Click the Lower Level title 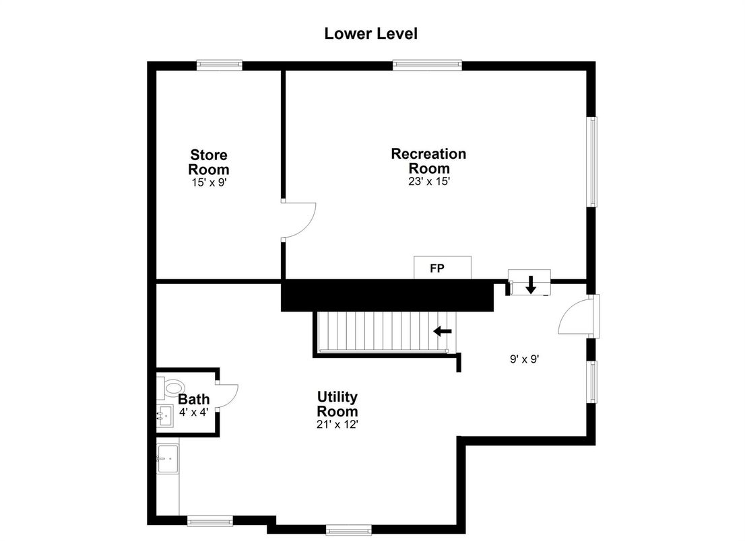point(370,34)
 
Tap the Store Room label point(209,161)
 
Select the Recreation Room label point(428,161)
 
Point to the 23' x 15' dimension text point(429,181)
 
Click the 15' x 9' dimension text point(209,182)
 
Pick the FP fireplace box point(443,268)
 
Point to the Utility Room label point(337,404)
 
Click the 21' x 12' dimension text point(337,425)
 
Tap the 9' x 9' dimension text point(525,359)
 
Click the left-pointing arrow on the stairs point(443,331)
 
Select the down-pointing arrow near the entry point(531,284)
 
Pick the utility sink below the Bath point(168,459)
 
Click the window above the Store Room point(220,65)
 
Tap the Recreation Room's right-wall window point(593,161)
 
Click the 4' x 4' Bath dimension point(194,412)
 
